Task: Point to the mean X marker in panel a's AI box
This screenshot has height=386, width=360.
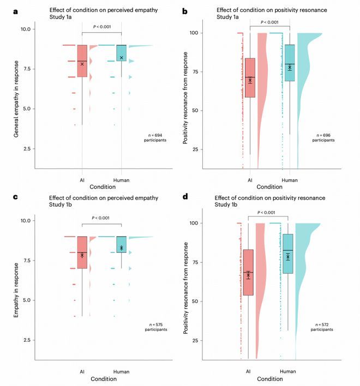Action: [x=82, y=64]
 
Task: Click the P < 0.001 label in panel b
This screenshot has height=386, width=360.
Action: [x=270, y=22]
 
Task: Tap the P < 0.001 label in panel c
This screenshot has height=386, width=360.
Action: [x=101, y=218]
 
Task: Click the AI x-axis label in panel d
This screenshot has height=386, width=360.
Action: [x=248, y=371]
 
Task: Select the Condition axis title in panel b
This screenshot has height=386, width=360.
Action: [x=270, y=186]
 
